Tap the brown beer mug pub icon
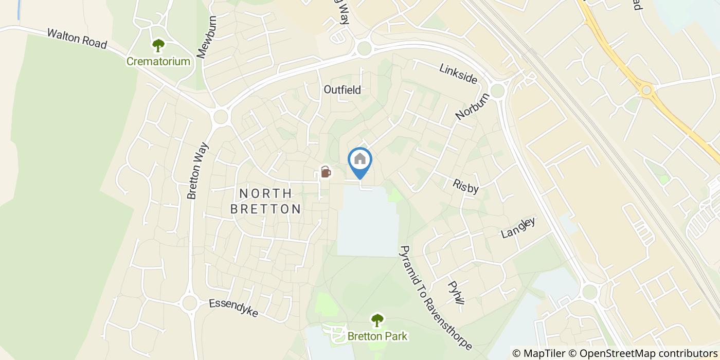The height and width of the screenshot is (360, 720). coord(326,171)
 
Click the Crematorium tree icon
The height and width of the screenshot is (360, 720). coord(158,46)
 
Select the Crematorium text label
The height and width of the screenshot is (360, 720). coord(158,62)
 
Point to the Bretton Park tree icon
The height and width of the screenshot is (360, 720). coord(377,320)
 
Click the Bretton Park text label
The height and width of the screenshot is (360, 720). coord(377,336)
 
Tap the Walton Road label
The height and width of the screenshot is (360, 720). coord(77,39)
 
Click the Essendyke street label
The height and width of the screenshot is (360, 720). coord(233,308)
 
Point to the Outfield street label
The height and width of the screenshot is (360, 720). coord(342,89)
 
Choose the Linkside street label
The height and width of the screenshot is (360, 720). coord(458,74)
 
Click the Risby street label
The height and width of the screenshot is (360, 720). coord(466,186)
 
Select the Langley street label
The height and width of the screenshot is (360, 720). coord(518,228)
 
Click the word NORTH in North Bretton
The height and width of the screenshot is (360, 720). coord(266,193)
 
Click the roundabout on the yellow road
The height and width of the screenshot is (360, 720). coord(646,91)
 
